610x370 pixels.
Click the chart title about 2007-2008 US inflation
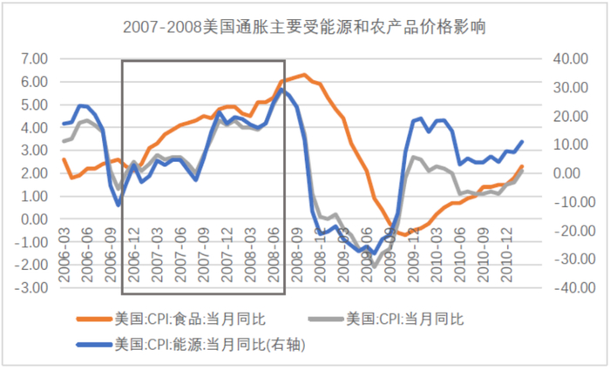pos(304,28)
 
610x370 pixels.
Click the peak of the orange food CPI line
pos(303,75)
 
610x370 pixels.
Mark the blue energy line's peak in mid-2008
pos(281,90)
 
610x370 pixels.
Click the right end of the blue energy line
pos(522,141)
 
